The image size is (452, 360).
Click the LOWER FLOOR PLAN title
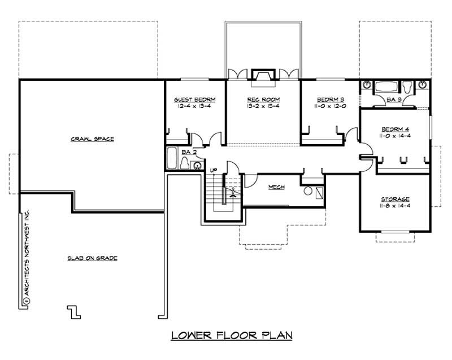click(232, 336)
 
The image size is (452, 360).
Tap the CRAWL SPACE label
click(93, 138)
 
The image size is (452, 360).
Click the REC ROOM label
click(263, 99)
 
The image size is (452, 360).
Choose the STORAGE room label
click(395, 199)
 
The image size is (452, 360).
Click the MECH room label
click(276, 187)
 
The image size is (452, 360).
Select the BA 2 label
click(189, 152)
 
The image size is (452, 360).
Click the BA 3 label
click(395, 100)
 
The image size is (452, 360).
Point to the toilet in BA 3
click(407, 86)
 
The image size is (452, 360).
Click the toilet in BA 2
click(184, 163)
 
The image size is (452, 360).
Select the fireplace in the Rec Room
click(263, 77)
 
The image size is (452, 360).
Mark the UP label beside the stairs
click(214, 170)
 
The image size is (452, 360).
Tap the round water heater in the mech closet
click(308, 191)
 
